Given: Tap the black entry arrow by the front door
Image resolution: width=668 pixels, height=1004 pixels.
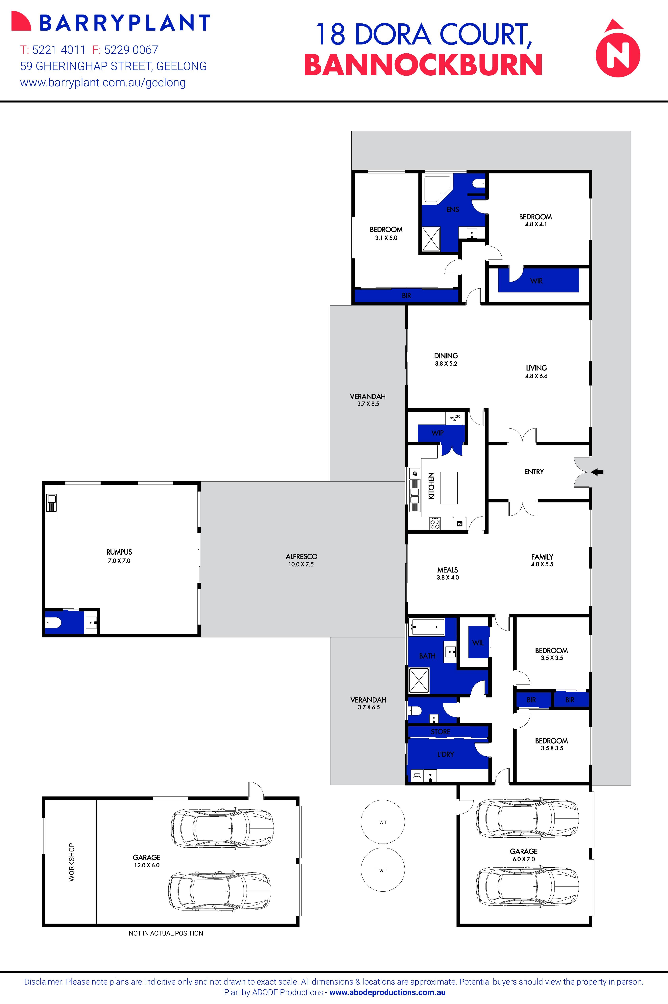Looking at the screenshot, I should (x=598, y=472).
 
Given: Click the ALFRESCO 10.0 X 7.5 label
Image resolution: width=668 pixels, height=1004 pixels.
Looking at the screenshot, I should (x=301, y=560).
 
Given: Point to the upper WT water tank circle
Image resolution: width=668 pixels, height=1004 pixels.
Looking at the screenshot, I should (x=383, y=822).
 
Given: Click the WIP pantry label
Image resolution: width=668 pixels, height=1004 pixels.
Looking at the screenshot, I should (x=438, y=433).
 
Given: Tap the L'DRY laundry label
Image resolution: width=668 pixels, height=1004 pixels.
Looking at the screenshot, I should (x=446, y=754).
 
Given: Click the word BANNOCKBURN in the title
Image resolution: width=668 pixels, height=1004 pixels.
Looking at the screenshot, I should (x=423, y=65).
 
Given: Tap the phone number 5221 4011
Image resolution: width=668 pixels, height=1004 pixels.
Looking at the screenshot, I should (x=59, y=50).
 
